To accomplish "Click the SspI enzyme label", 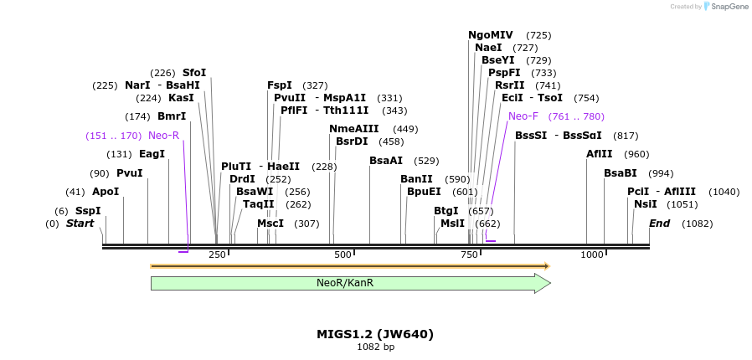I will click(x=88, y=211).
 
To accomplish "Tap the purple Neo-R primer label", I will click(x=163, y=136).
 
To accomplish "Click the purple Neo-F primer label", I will click(x=523, y=116).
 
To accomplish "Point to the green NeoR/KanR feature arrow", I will click(x=350, y=283).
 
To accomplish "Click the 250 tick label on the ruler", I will click(x=217, y=255).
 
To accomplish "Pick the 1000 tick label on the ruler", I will click(x=592, y=255).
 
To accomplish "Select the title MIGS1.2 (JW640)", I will click(x=375, y=334).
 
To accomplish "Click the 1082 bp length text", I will click(x=375, y=347).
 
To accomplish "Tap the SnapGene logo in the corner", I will click(x=726, y=7).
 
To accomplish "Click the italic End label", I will click(x=659, y=224).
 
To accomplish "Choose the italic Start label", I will click(x=80, y=224).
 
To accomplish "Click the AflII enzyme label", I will click(x=600, y=154).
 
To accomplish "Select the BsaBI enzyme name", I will click(x=621, y=173).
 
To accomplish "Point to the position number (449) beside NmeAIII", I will click(x=405, y=129).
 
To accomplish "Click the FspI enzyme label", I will click(x=280, y=85).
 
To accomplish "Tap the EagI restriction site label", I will click(x=152, y=154).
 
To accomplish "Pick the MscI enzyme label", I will click(x=270, y=224).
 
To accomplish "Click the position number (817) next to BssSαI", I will click(x=626, y=136).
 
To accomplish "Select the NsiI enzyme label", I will click(x=646, y=204).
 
